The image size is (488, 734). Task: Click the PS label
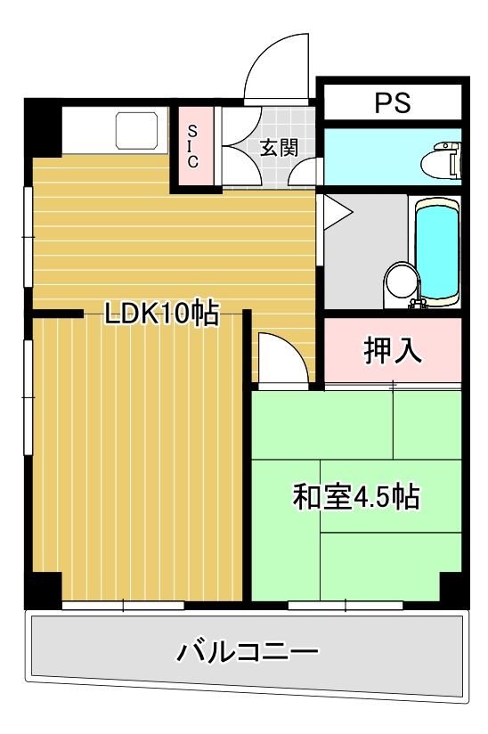pyautogui.click(x=392, y=102)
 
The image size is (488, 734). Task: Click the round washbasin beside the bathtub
pyautogui.click(x=401, y=281)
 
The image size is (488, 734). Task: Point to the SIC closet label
pyautogui.click(x=192, y=147)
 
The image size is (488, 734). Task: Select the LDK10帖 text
pyautogui.click(x=161, y=313)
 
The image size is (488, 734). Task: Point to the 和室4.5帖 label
pyautogui.click(x=356, y=496)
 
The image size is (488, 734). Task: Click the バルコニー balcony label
pyautogui.click(x=247, y=653)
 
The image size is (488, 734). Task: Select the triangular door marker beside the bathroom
pyautogui.click(x=337, y=213)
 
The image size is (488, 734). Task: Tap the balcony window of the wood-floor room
pyautogui.click(x=123, y=605)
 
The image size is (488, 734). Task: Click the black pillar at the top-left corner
pyautogui.click(x=43, y=128)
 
